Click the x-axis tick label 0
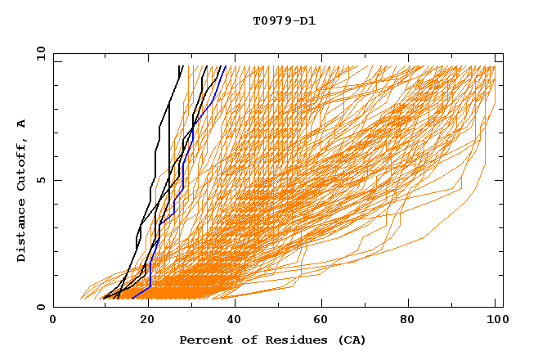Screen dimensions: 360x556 pyautogui.click(x=53, y=320)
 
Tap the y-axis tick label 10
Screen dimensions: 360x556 pyautogui.click(x=39, y=53)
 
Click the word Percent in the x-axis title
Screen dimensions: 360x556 pyautogui.click(x=204, y=340)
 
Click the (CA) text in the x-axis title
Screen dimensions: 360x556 pyautogui.click(x=352, y=340)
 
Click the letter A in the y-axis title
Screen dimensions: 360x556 pyautogui.click(x=22, y=124)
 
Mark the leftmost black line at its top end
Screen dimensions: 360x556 pyautogui.click(x=180, y=67)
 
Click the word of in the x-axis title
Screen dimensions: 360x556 pyautogui.click(x=244, y=340)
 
